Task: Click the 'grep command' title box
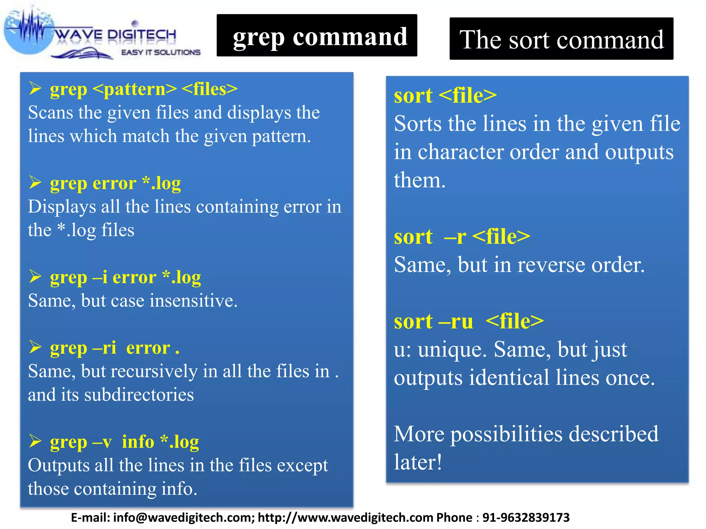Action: click(316, 35)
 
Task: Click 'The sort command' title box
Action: click(561, 39)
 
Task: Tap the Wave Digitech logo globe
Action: click(29, 33)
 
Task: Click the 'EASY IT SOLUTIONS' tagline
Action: click(161, 52)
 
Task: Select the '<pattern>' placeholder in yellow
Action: click(135, 89)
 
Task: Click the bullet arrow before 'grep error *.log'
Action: click(35, 183)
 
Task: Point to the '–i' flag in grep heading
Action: click(100, 277)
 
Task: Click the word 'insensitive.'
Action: click(193, 301)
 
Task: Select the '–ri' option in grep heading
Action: click(104, 348)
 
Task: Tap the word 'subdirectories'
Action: click(139, 395)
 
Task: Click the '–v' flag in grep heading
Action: click(102, 442)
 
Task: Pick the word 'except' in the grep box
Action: click(302, 466)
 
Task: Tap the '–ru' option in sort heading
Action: click(456, 321)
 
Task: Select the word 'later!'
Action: click(418, 462)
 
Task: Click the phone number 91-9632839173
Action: click(526, 517)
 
